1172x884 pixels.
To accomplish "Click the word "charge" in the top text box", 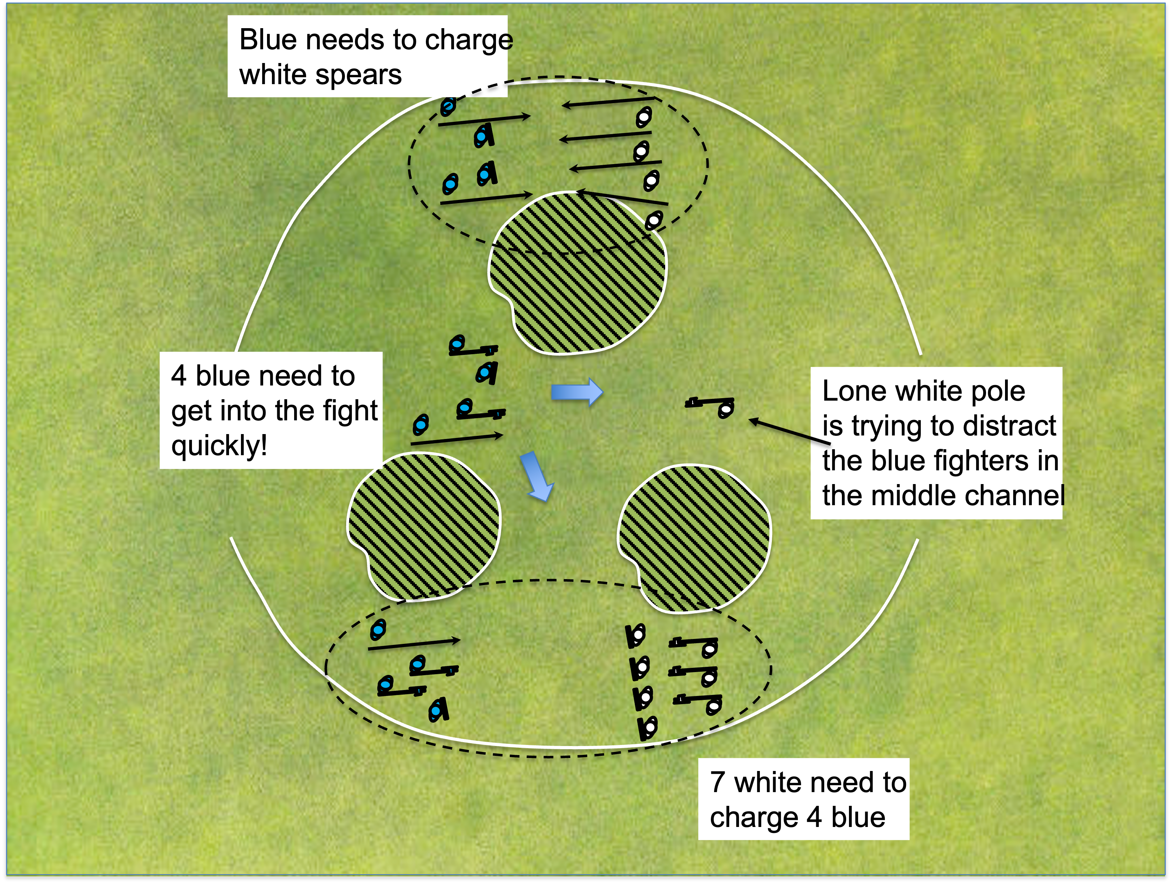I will [469, 40].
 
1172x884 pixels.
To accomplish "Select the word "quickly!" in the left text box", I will [219, 445].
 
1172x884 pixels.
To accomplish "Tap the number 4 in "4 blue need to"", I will [179, 376].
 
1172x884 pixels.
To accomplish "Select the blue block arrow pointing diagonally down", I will [536, 476].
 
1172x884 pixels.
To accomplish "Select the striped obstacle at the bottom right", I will [694, 538].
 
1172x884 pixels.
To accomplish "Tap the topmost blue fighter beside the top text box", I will [448, 106].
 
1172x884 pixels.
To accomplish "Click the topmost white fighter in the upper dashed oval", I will [643, 117].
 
